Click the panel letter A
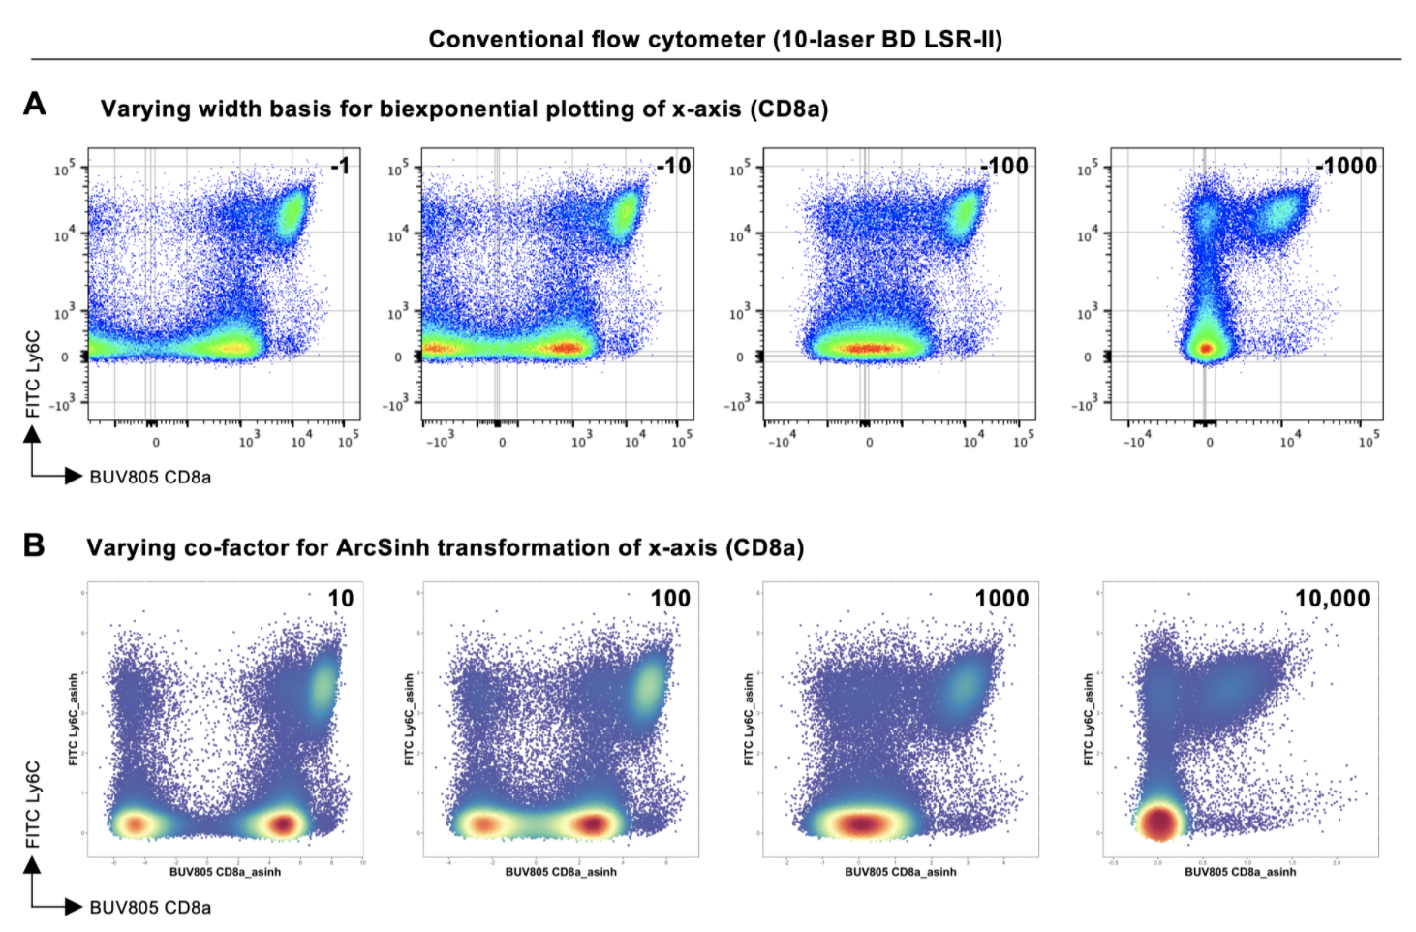click(35, 104)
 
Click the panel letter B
click(34, 545)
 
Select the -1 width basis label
click(340, 167)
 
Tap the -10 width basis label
click(674, 167)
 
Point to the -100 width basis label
click(1004, 167)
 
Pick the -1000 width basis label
click(1346, 167)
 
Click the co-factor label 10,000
click(1333, 600)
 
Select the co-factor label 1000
click(1001, 600)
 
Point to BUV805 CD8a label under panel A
click(150, 478)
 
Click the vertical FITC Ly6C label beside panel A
click(34, 374)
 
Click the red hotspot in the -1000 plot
click(1206, 348)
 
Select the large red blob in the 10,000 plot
click(1159, 823)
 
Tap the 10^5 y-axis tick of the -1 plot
click(64, 169)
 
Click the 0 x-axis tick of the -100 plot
click(869, 443)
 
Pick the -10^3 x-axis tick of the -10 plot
click(439, 443)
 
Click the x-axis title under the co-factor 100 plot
click(561, 872)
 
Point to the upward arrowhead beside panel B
click(33, 865)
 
